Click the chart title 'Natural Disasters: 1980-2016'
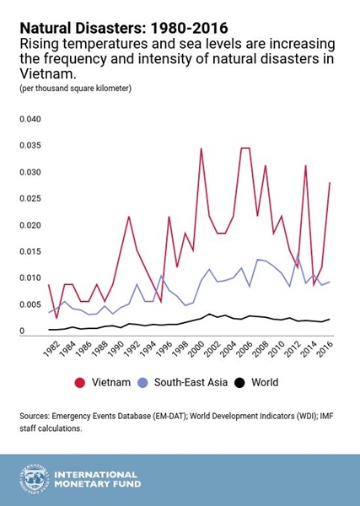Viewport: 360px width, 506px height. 124,28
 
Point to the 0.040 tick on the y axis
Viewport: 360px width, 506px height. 30,119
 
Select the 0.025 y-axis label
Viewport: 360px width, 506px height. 30,198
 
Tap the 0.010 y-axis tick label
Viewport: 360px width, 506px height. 30,277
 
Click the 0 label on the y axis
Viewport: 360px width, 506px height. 22,331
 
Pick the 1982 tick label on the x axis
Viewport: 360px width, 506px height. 51,348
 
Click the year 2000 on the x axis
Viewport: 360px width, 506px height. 196,348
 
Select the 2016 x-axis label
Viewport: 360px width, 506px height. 325,348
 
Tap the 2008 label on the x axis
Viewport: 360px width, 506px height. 261,348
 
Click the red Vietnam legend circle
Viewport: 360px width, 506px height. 79,383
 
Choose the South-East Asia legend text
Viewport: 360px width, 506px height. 191,382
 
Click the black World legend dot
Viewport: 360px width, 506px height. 239,383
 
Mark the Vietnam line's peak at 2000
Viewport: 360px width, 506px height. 201,148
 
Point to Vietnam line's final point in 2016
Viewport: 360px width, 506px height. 330,183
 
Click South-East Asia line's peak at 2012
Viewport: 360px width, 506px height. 298,255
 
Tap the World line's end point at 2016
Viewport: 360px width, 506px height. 330,319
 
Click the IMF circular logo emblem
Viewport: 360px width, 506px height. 34,480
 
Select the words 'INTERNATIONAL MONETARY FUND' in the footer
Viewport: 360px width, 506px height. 98,480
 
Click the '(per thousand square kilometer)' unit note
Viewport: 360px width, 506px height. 76,89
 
